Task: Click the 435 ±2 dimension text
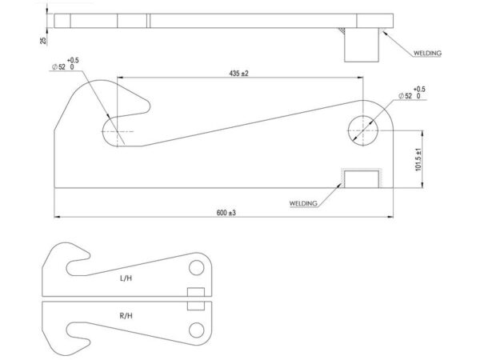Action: click(238, 74)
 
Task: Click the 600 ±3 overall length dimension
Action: click(226, 213)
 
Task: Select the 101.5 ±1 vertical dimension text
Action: click(418, 160)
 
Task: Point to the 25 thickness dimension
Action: click(43, 41)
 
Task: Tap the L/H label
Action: click(126, 278)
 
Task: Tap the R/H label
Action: click(126, 316)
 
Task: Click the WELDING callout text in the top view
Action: click(427, 54)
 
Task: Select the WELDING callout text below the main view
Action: click(303, 203)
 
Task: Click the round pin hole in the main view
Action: click(363, 130)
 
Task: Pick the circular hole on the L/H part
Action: click(197, 267)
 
